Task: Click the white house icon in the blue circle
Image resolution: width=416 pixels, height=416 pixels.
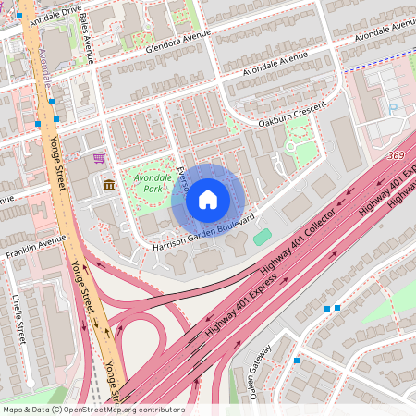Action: [x=208, y=199]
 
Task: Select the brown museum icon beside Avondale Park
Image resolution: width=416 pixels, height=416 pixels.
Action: [x=109, y=185]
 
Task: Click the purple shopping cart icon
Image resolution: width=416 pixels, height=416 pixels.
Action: [x=98, y=159]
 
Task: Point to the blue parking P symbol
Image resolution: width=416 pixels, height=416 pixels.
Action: [x=393, y=107]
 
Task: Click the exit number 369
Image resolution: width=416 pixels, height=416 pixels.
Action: [x=398, y=155]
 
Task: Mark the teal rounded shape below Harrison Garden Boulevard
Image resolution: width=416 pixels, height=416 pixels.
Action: [x=263, y=238]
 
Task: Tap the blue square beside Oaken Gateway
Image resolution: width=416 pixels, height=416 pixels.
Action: [x=296, y=361]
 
